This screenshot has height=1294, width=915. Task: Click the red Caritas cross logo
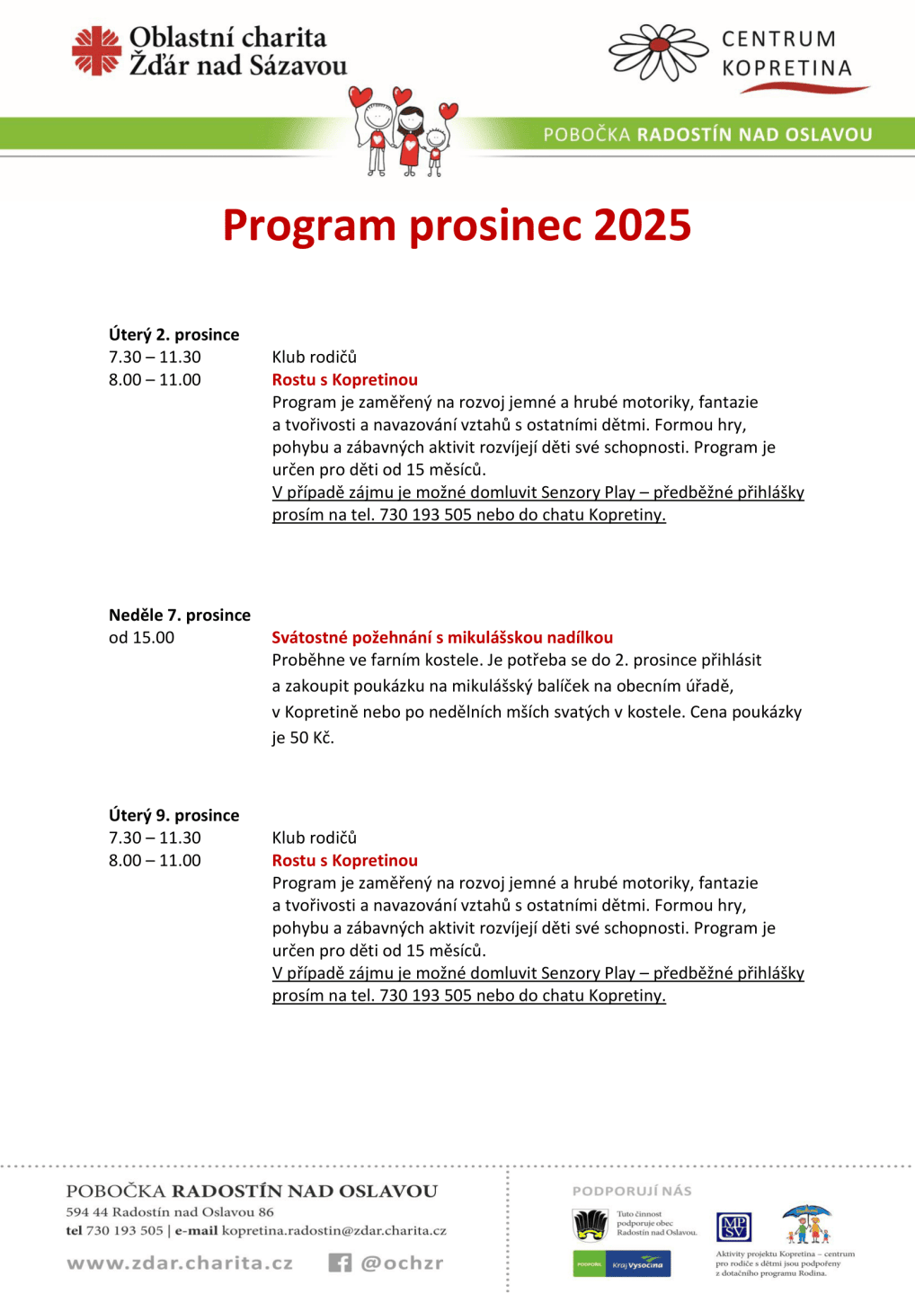96,50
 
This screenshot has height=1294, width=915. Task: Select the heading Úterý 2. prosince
174,334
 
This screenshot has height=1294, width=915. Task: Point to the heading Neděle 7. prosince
180,615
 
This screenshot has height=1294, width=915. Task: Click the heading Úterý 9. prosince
174,815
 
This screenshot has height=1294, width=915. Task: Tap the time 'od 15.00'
142,637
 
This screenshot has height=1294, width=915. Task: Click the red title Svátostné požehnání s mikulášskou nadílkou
442,637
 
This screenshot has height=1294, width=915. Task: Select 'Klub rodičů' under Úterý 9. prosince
315,838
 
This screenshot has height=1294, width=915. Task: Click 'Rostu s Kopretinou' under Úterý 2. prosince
345,379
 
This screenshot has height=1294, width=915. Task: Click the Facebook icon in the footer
340,1263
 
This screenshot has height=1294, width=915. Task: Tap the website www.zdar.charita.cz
180,1263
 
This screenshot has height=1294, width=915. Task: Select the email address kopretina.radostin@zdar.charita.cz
334,1230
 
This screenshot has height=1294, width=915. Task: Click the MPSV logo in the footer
733,1226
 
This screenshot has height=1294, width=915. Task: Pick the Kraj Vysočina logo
638,1264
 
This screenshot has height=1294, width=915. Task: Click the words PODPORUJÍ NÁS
632,1191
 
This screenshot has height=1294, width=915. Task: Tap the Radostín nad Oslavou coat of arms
591,1224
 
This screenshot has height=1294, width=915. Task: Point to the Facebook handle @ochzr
402,1263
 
